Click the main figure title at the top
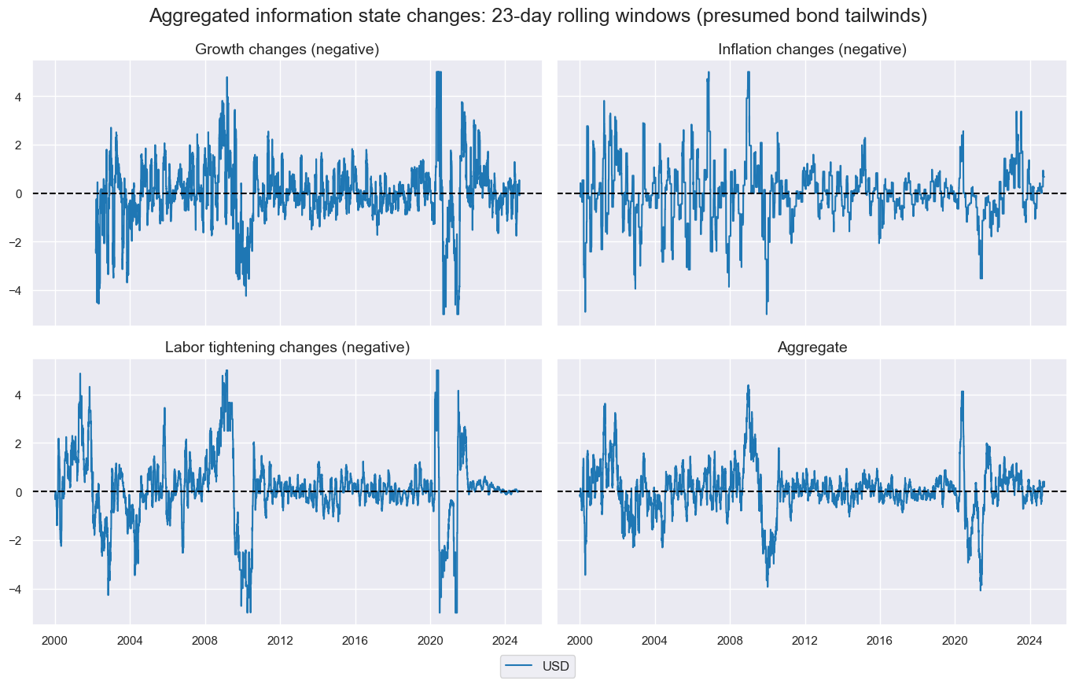(538, 17)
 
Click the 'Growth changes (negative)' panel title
(287, 50)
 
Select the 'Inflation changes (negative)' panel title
(812, 50)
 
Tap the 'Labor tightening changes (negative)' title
(287, 348)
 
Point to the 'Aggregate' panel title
(812, 348)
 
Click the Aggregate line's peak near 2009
(748, 385)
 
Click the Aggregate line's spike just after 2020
(962, 392)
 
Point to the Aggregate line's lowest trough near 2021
(980, 590)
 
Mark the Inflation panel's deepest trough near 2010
(766, 314)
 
